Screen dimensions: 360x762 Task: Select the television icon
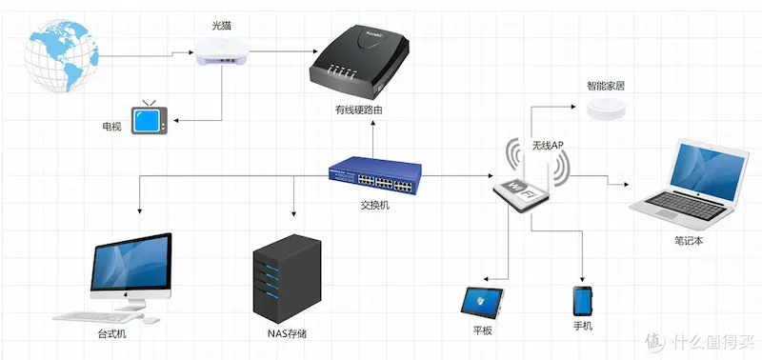click(149, 120)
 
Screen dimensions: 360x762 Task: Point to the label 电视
click(111, 127)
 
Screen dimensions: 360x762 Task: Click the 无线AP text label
click(548, 146)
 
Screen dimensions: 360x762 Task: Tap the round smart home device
click(606, 107)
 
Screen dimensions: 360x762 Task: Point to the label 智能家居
click(606, 86)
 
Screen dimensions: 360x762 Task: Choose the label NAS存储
click(286, 334)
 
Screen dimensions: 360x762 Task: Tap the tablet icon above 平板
click(483, 300)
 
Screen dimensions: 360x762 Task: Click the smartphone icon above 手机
click(583, 300)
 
